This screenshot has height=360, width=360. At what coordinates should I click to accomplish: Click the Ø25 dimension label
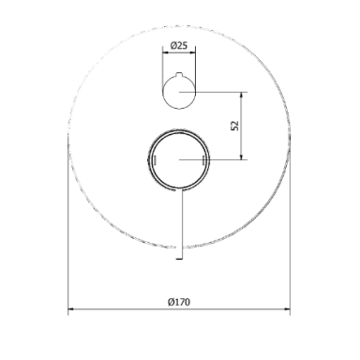click(179, 46)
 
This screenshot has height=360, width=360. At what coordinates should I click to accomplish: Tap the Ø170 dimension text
click(179, 302)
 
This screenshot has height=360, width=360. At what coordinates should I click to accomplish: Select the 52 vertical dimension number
click(234, 126)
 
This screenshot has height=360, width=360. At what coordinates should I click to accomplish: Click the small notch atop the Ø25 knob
click(179, 74)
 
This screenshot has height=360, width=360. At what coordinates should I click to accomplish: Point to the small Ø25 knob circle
click(162, 92)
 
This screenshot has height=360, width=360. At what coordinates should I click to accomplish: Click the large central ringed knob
click(147, 159)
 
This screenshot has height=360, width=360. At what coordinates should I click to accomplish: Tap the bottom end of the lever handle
click(179, 259)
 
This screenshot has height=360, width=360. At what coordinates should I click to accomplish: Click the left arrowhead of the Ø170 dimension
click(71, 309)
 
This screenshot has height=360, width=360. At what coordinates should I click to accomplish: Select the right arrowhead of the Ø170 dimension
click(287, 309)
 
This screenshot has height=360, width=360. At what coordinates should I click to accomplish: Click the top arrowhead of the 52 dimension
click(241, 95)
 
